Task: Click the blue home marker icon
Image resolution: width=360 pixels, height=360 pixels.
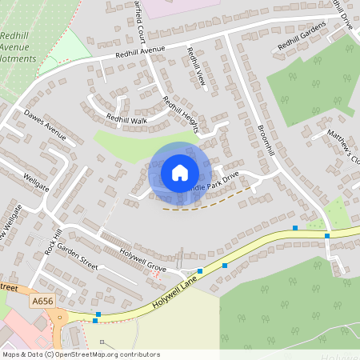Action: pos(179,173)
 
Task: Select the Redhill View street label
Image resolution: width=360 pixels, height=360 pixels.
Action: pos(196,69)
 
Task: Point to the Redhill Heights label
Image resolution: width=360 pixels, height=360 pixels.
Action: pos(180,114)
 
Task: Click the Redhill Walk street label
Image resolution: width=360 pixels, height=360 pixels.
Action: pos(127,121)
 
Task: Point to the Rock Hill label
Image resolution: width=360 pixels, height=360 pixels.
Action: pos(54,242)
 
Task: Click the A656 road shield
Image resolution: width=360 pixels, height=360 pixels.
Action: pos(43,300)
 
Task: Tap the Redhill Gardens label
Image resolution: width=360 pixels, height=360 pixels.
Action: pos(302,37)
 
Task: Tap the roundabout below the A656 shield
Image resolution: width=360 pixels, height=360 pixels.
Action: pos(59,318)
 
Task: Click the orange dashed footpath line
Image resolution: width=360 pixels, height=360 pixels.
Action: pos(212,203)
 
